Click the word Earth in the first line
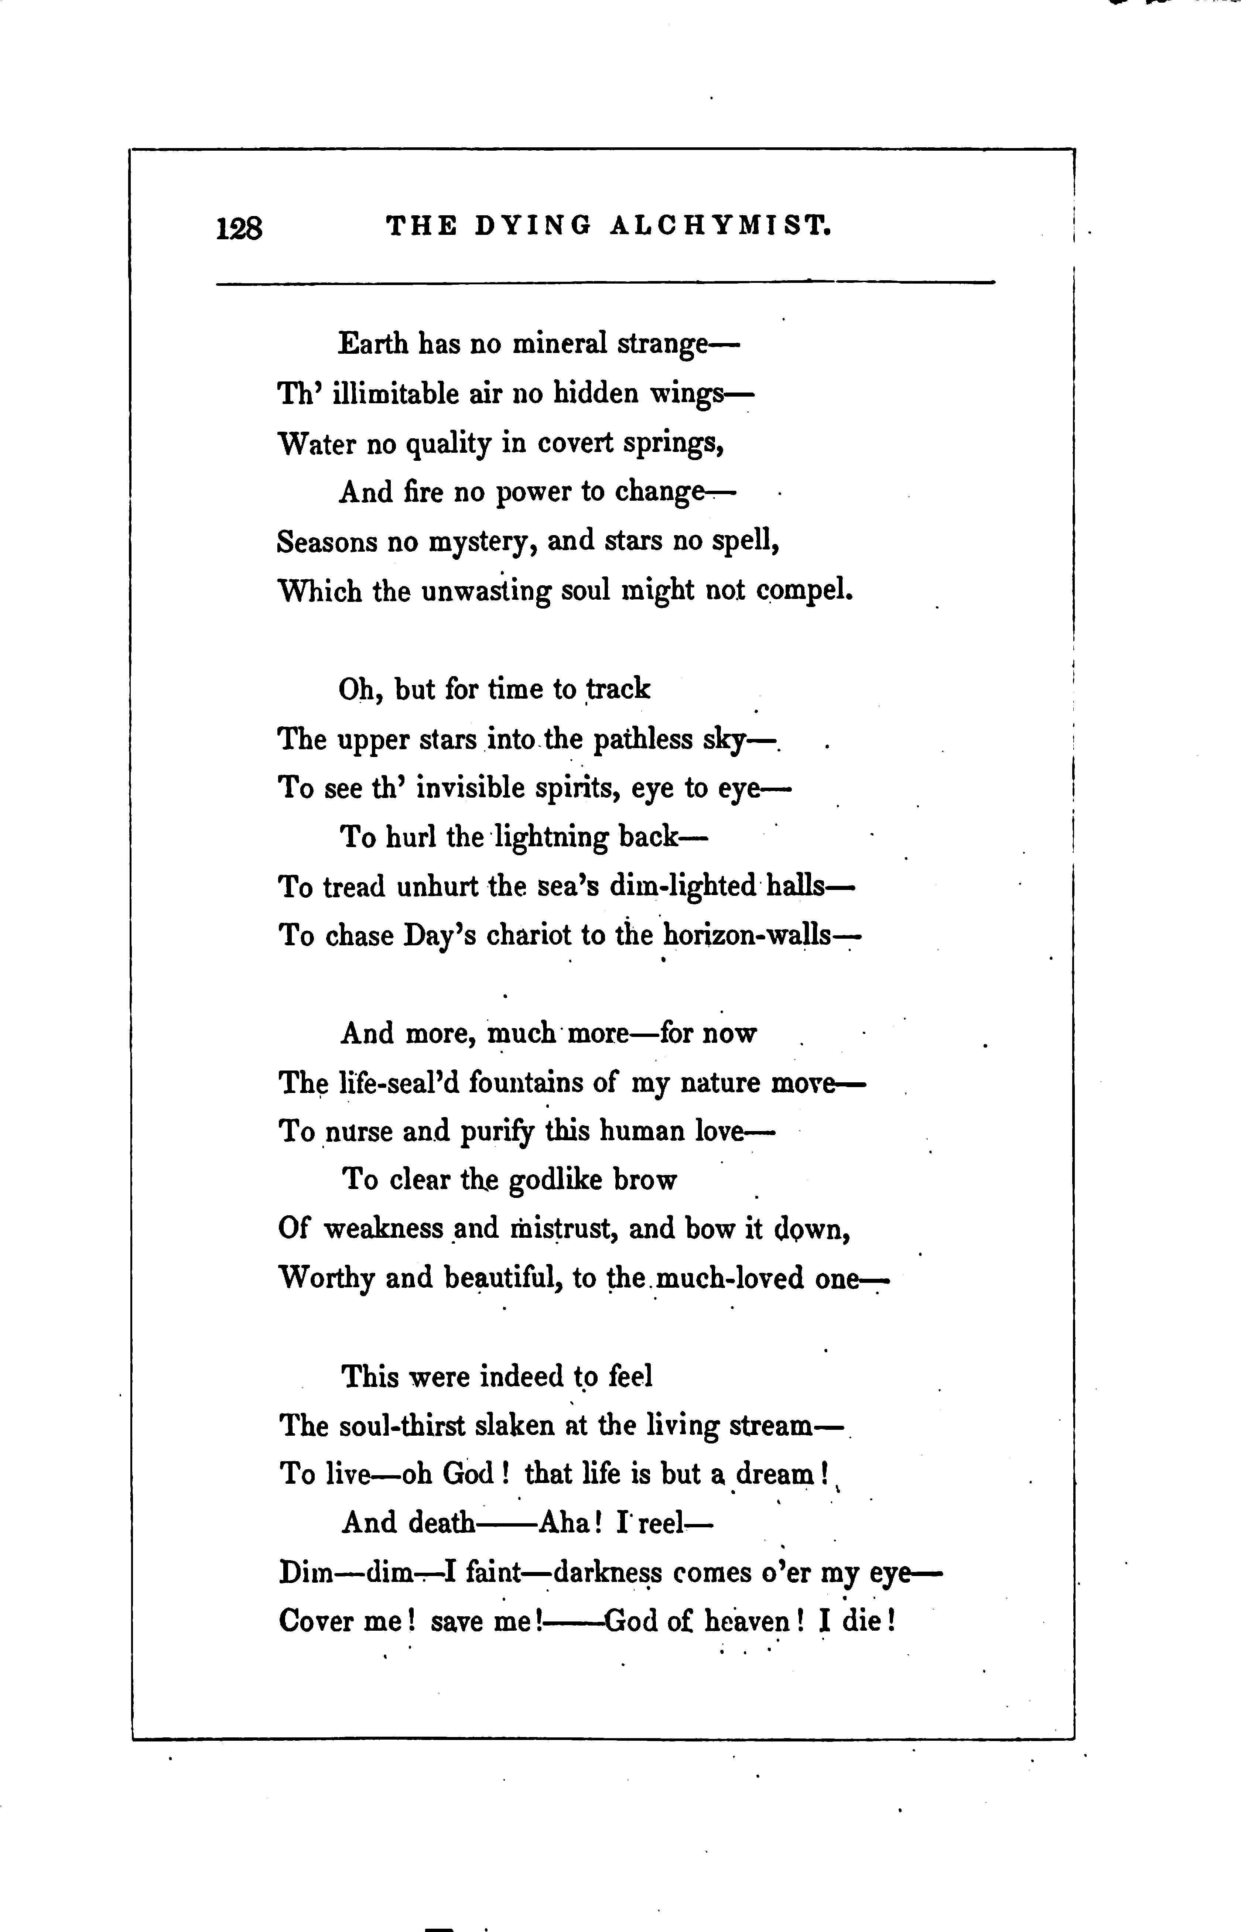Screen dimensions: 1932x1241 tap(373, 344)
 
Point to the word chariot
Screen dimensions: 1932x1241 tap(528, 935)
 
